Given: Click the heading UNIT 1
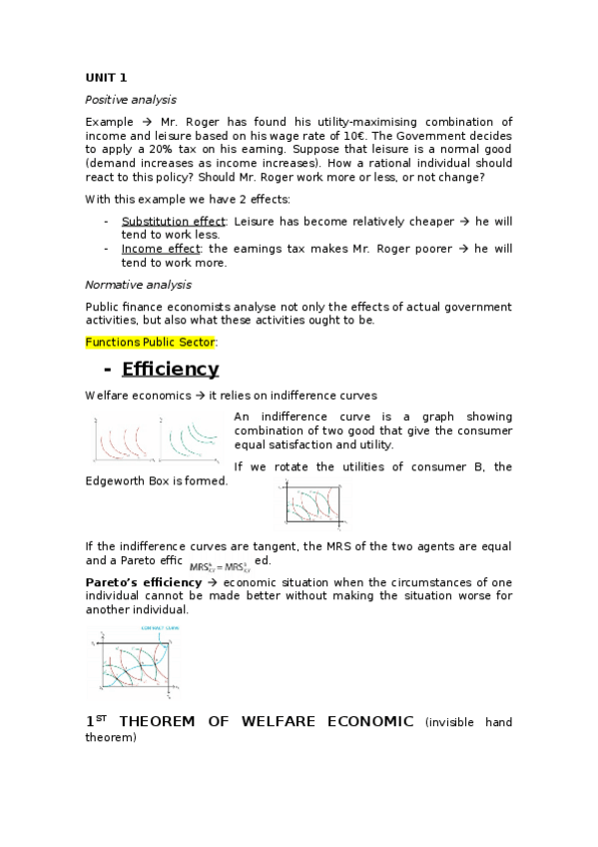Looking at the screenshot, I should (x=106, y=78).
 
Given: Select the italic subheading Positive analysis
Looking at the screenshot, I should (x=131, y=100).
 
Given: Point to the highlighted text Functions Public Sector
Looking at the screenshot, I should (x=150, y=343).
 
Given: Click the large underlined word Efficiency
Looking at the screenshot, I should (x=170, y=370).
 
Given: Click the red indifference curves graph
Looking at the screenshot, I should (x=125, y=437).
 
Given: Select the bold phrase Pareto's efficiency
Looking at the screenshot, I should (x=144, y=582).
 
